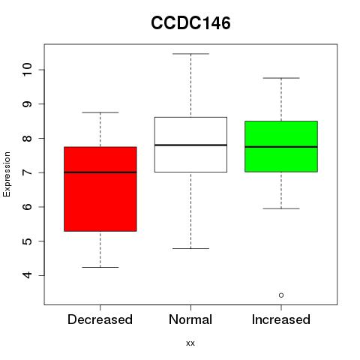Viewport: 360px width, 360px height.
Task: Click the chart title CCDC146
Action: tap(190, 23)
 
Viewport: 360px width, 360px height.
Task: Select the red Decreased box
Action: tap(100, 189)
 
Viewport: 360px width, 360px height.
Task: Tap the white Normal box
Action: tap(190, 145)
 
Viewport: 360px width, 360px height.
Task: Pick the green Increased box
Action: tap(281, 146)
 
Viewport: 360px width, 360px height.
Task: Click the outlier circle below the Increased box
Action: tap(281, 295)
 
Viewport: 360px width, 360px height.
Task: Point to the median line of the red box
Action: tap(100, 172)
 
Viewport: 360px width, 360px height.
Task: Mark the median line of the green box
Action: tap(281, 147)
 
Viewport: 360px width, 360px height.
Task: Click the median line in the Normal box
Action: tap(190, 145)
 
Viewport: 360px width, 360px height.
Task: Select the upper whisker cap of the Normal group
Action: tap(190, 54)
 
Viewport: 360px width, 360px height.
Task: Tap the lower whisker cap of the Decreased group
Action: tap(100, 267)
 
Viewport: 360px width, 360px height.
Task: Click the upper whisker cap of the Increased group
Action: tap(281, 78)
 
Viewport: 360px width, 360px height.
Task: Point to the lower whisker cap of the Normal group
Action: tap(190, 248)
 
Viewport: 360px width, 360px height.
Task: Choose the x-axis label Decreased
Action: tap(100, 319)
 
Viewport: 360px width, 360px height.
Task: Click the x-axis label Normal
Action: tap(190, 319)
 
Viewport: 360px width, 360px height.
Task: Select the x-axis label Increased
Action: tap(281, 319)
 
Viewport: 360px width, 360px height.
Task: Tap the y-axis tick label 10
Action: tap(27, 70)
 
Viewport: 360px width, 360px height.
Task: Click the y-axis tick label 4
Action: tap(27, 275)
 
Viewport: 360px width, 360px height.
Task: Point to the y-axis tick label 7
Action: tap(27, 172)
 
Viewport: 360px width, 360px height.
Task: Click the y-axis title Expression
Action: tap(7, 174)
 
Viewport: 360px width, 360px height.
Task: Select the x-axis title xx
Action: tap(190, 343)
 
